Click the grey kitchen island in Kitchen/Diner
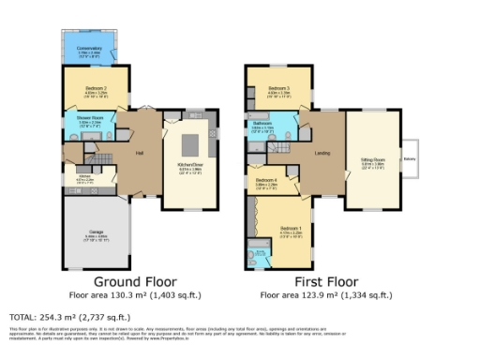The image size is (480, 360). [x=190, y=143]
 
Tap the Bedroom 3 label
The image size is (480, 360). [x=277, y=91]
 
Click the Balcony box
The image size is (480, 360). [x=410, y=158]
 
